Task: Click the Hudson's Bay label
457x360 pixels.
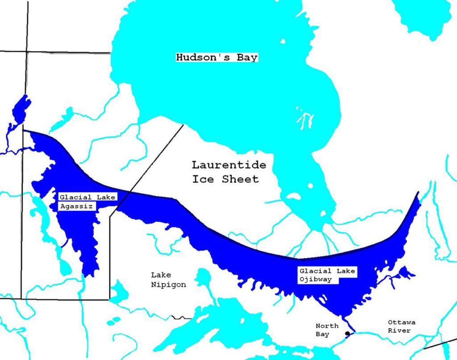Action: point(217,58)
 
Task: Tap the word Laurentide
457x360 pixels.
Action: point(229,165)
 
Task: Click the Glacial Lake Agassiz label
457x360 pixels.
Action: point(87,201)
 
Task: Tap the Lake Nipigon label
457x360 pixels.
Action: point(168,280)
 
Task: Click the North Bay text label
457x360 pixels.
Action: point(327,330)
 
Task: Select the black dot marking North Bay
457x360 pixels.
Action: point(347,334)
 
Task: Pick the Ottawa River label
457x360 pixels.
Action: point(402,326)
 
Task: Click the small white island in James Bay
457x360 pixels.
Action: point(293,196)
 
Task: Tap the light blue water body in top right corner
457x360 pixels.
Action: point(422,18)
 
